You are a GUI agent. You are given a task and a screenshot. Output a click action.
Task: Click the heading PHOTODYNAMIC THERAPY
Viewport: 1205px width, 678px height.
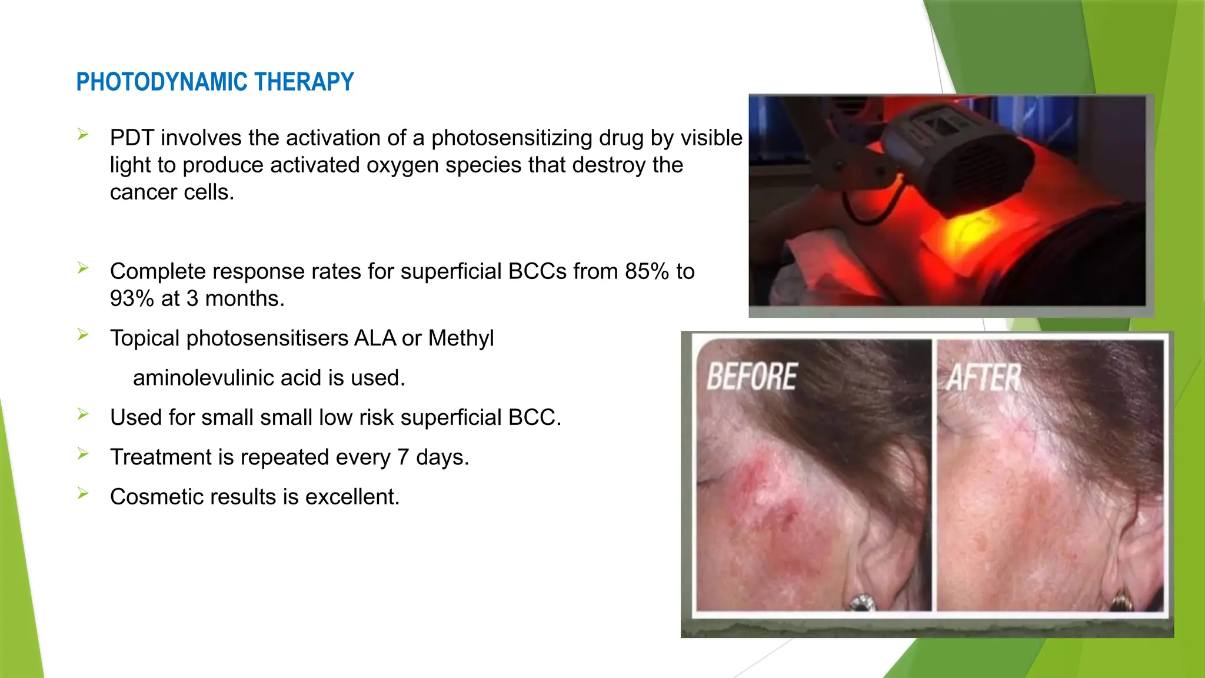pyautogui.click(x=215, y=82)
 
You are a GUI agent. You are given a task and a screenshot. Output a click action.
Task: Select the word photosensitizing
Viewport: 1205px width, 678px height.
pyautogui.click(x=512, y=138)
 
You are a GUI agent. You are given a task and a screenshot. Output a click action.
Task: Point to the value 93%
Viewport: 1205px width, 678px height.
pyautogui.click(x=131, y=299)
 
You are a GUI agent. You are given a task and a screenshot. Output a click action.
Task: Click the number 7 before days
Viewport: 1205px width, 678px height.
pyautogui.click(x=402, y=457)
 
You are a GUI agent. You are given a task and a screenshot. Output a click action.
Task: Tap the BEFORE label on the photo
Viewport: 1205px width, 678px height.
pyautogui.click(x=751, y=377)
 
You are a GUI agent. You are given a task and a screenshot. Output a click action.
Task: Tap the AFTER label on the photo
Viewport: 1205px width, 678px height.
pyautogui.click(x=984, y=378)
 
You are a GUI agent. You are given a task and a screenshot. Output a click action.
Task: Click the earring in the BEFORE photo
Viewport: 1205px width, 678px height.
pyautogui.click(x=863, y=602)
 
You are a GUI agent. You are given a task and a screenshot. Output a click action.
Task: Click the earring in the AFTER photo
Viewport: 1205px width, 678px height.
pyautogui.click(x=1122, y=601)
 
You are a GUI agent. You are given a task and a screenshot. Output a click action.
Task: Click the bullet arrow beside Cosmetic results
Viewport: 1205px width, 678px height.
pyautogui.click(x=83, y=494)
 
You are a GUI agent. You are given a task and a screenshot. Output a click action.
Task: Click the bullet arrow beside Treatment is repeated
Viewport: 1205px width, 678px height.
pyautogui.click(x=83, y=454)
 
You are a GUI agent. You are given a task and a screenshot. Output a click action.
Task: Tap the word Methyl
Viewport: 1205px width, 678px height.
pyautogui.click(x=461, y=338)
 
